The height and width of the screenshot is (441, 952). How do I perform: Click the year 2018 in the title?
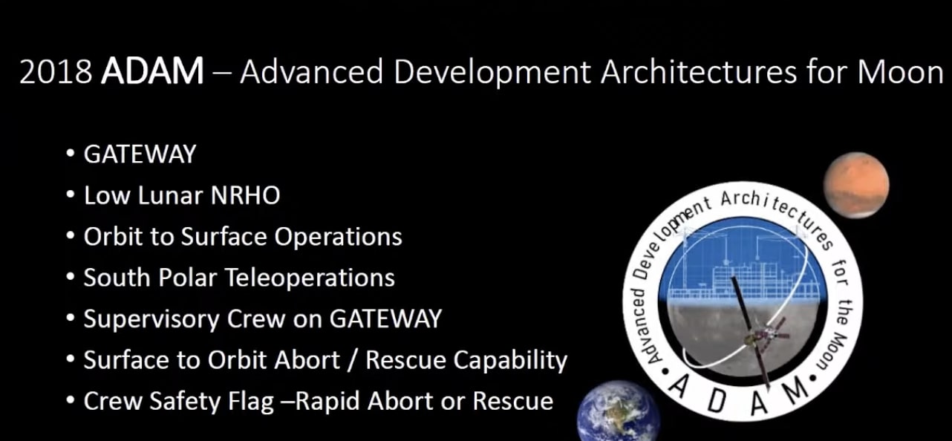point(56,72)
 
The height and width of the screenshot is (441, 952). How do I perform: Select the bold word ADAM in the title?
point(152,72)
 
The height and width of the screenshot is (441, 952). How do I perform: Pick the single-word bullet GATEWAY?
point(140,154)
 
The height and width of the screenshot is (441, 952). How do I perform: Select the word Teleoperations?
point(309,278)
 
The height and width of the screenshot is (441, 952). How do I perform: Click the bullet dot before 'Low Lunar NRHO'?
point(71,196)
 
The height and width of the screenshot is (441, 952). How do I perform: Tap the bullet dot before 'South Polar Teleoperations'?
point(71,278)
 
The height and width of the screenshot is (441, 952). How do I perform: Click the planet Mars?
point(855,184)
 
